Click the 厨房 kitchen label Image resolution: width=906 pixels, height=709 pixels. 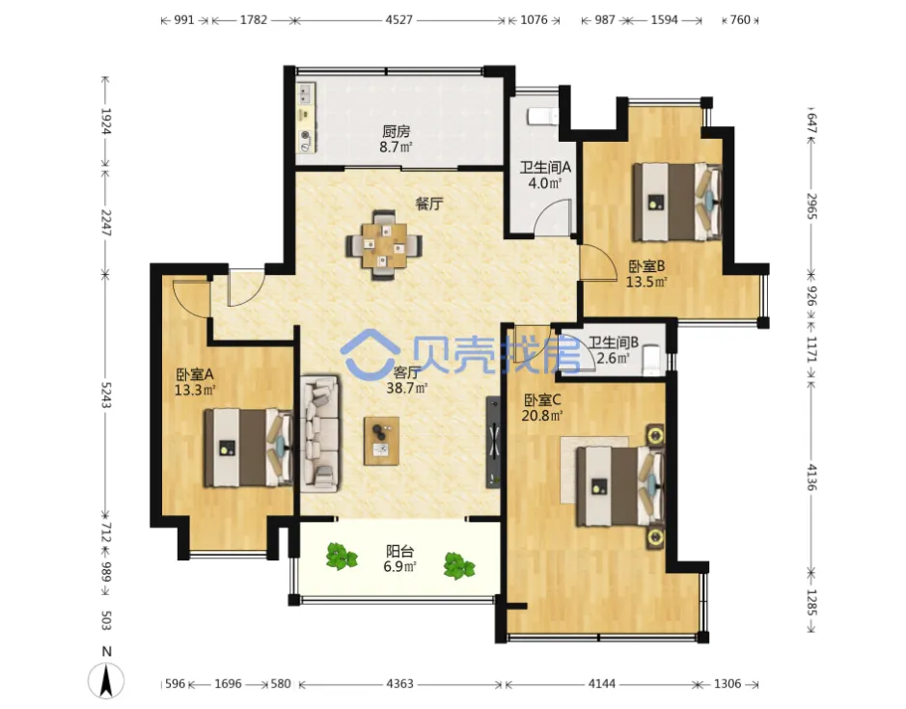396,132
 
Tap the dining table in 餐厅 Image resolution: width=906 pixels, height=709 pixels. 384,246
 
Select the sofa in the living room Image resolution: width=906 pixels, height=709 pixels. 319,434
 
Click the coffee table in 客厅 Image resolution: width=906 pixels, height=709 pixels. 381,441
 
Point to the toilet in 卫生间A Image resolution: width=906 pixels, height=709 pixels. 542,116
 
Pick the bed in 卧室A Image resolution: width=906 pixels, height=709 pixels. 248,448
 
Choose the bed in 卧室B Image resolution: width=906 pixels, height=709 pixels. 676,203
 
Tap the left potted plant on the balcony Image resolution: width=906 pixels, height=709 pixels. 342,557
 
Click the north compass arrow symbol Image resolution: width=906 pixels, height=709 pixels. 106,680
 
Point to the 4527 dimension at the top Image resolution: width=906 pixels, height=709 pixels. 399,20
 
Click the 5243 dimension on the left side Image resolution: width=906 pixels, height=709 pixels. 106,395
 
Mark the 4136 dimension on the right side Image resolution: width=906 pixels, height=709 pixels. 811,477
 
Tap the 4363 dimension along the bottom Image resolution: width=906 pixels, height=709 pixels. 399,684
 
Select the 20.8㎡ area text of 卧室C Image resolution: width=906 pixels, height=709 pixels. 542,415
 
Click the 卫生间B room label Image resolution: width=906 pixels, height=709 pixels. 614,342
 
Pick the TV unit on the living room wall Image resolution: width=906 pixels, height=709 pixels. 493,442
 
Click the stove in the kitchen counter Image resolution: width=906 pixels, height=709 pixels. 306,141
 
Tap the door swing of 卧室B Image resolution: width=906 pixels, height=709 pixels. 598,263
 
